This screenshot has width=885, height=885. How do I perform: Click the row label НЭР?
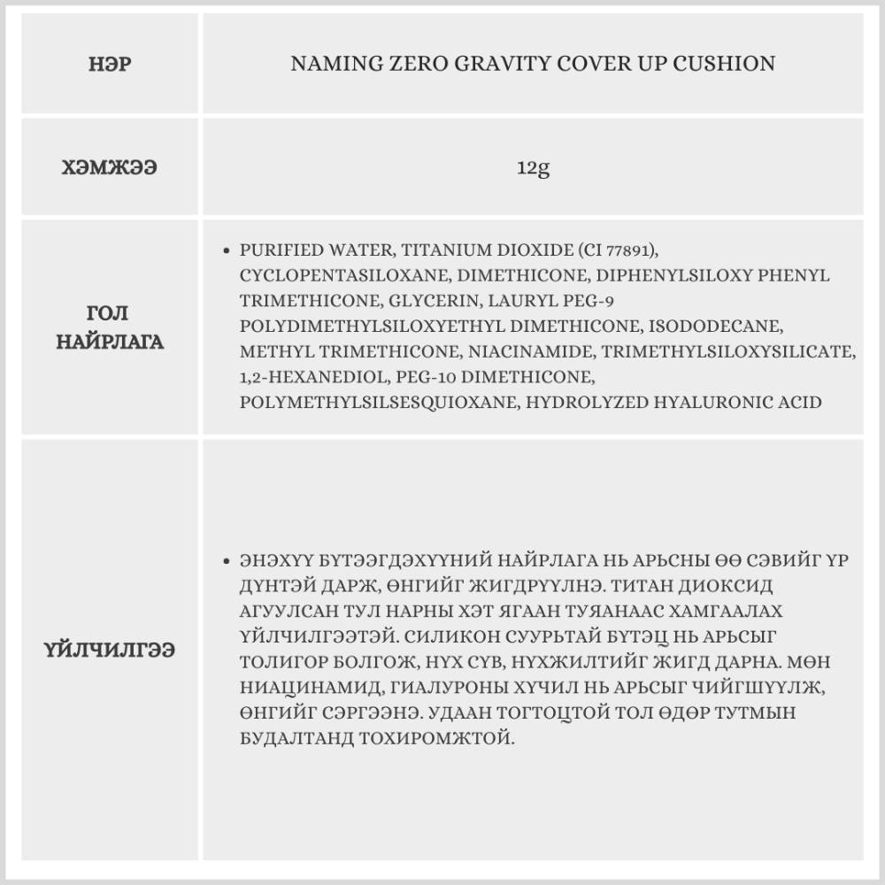tap(111, 65)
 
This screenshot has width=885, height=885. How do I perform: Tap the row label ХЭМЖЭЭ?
tap(110, 166)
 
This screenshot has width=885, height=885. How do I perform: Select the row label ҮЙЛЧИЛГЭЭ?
tap(110, 650)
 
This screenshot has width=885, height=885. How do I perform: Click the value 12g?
tap(533, 166)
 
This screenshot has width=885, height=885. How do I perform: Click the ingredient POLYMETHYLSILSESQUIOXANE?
tap(378, 403)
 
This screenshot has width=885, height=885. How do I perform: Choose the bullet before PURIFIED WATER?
tap(228, 251)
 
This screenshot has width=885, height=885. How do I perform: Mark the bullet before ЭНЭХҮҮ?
tap(228, 562)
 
